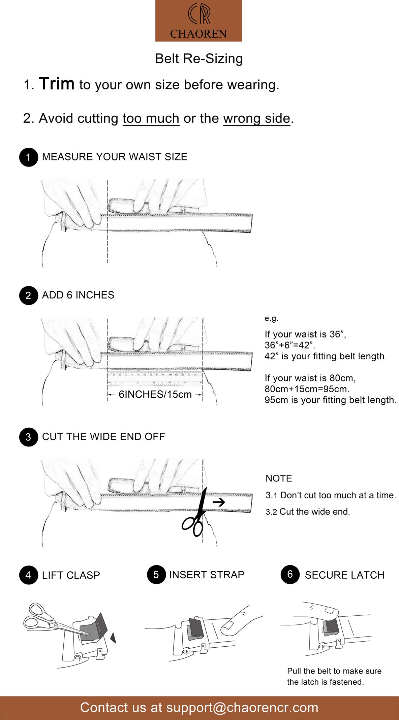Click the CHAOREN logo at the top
pos(198,21)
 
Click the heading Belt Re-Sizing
pos(199,59)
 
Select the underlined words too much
pos(151,118)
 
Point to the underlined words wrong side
pos(256,118)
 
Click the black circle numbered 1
pos(28,157)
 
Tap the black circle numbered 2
pos(28,295)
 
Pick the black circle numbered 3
pos(28,437)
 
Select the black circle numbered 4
pos(28,575)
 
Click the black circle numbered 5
pos(156,575)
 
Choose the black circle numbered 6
pos(290,574)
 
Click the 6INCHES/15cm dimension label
pos(155,394)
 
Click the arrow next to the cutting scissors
pos(219,502)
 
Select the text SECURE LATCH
pos(344,575)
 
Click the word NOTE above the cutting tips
pos(279,478)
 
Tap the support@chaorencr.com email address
pos(242,708)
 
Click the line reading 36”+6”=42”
pos(290,345)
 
